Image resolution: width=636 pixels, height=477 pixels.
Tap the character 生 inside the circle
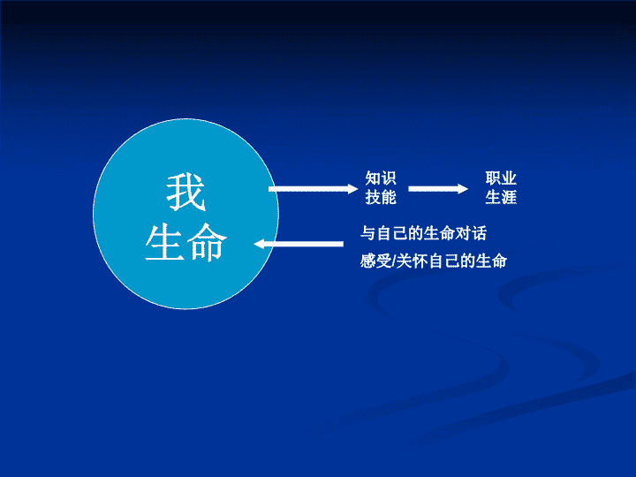click(165, 242)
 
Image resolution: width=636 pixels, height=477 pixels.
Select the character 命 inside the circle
click(207, 242)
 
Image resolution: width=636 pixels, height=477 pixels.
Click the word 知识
click(381, 178)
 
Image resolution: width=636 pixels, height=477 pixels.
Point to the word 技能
click(381, 198)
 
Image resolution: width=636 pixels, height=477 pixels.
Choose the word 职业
click(501, 178)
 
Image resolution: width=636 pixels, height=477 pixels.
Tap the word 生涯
click(501, 198)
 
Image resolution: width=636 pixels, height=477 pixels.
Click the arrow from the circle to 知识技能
click(313, 189)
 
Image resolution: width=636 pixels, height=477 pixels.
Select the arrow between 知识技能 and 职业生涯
click(438, 189)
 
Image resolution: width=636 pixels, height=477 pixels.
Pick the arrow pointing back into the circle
click(299, 244)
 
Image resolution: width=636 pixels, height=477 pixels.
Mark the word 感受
click(376, 261)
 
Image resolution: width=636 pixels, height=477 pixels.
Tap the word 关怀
click(412, 261)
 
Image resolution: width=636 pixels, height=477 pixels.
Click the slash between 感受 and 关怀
click(394, 261)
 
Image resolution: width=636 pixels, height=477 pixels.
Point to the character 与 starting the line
click(367, 233)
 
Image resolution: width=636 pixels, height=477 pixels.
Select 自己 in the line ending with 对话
click(392, 233)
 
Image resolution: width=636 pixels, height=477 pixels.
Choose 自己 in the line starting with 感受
click(443, 261)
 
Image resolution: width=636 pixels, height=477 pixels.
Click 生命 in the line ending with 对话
click(439, 233)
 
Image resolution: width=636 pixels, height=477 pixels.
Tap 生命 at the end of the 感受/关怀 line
click(491, 261)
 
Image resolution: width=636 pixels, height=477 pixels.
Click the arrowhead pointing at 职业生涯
click(463, 189)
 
